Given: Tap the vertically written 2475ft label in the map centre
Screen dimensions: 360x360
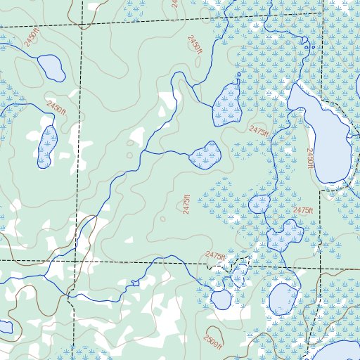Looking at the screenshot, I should coord(186,209).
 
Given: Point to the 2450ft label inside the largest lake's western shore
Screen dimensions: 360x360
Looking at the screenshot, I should coord(310,158).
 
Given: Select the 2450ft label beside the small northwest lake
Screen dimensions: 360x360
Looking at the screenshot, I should coord(31,40).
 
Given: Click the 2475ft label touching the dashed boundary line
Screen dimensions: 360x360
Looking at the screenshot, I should coord(216,256).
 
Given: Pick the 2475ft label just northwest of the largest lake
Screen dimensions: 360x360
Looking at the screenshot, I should coord(259,131).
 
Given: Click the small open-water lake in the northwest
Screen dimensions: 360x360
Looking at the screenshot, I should coord(51,68).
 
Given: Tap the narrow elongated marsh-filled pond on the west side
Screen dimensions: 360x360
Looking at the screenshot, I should coord(47,146).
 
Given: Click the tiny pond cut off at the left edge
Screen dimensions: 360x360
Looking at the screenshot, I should coord(4,327).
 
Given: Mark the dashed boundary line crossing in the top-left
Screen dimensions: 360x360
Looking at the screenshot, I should coord(81,26).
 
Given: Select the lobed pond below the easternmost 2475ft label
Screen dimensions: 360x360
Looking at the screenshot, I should coord(285,236).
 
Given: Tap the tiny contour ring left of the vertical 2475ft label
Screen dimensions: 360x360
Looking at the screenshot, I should coord(162,218).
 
